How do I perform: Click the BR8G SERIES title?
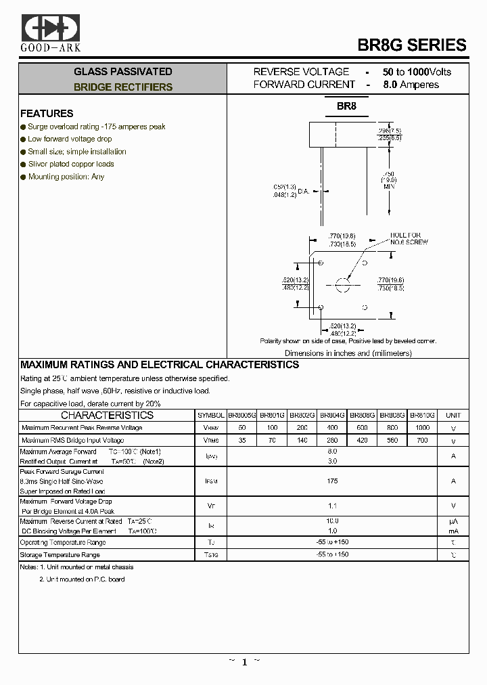[x=411, y=45]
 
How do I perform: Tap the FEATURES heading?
[x=47, y=114]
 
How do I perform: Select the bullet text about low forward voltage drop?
[x=70, y=139]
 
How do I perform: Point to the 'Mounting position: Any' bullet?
[x=66, y=177]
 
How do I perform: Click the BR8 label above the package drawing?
[x=347, y=106]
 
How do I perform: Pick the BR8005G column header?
[x=241, y=415]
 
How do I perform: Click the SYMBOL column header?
[x=210, y=415]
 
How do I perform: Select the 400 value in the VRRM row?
[x=332, y=428]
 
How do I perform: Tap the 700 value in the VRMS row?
[x=422, y=441]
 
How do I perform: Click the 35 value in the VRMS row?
[x=241, y=441]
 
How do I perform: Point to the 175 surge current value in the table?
[x=332, y=481]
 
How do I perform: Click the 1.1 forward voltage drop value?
[x=332, y=505]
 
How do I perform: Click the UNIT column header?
[x=453, y=415]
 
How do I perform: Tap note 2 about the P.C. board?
[x=82, y=579]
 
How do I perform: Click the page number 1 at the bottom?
[x=244, y=662]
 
